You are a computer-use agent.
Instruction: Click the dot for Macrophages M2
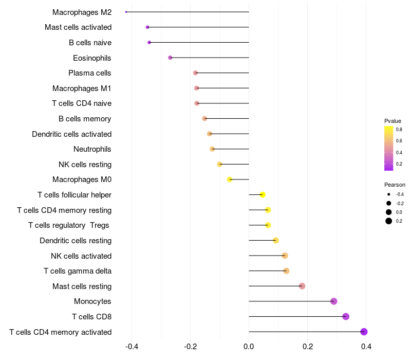coord(126,12)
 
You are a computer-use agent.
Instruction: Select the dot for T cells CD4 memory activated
coord(364,332)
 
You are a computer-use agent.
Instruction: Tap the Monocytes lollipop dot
coord(333,301)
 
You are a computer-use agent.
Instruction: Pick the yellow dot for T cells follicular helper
coord(263,195)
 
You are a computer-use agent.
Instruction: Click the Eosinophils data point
coord(170,58)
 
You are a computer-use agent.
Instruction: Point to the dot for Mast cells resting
coord(302,286)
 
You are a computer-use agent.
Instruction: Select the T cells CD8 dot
coord(346,316)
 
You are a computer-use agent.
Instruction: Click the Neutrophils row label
coord(92,149)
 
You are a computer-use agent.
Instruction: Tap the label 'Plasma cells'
coord(89,73)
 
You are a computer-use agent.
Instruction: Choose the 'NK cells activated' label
coord(81,256)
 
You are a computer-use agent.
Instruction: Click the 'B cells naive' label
coord(90,43)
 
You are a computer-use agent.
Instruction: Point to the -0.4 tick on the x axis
coord(132,347)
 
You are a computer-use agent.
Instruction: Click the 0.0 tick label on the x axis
coord(249,347)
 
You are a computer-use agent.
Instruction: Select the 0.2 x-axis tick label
coord(308,347)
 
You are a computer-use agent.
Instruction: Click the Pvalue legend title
coord(393,121)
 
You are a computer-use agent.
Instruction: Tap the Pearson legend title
coord(395,185)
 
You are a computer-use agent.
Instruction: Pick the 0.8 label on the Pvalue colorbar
coord(399,130)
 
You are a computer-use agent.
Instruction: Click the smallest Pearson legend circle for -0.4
coord(388,194)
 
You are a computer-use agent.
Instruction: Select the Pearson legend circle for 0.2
coord(388,221)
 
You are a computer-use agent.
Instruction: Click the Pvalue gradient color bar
coord(389,148)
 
